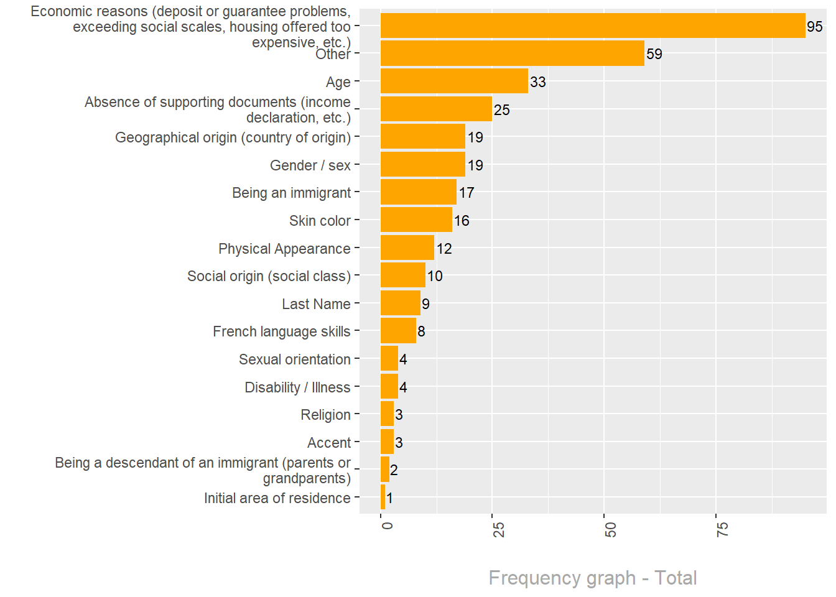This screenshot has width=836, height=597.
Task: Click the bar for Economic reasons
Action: pos(592,26)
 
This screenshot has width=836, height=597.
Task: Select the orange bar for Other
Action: pos(512,53)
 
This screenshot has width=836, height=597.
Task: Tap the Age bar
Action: pos(454,81)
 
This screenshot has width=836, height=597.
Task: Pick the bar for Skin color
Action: pos(416,220)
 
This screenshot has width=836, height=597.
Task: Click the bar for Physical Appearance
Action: pos(407,248)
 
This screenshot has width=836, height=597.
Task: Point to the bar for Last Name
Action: pos(400,303)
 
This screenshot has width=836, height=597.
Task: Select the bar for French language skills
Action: pos(398,331)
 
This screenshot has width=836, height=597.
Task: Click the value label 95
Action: pos(814,27)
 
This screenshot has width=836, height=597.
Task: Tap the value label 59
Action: pos(654,54)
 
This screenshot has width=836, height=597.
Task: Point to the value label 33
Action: pos(537,82)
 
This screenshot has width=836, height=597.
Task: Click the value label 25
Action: pos(501,110)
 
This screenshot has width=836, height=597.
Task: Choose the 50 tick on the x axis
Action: pos(610,530)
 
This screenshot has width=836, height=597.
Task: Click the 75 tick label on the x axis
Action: pos(722,530)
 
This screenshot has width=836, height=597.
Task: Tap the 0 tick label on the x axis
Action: pos(387,526)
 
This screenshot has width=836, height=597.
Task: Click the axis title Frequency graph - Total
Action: pos(592,578)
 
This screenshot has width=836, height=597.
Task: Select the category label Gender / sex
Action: pos(310,165)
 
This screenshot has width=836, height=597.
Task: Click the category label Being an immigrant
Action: pos(291,193)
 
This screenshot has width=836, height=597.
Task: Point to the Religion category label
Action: pos(325,415)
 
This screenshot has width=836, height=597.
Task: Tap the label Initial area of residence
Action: pos(277,498)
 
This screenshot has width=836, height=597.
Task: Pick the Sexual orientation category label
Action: pos(294,359)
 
